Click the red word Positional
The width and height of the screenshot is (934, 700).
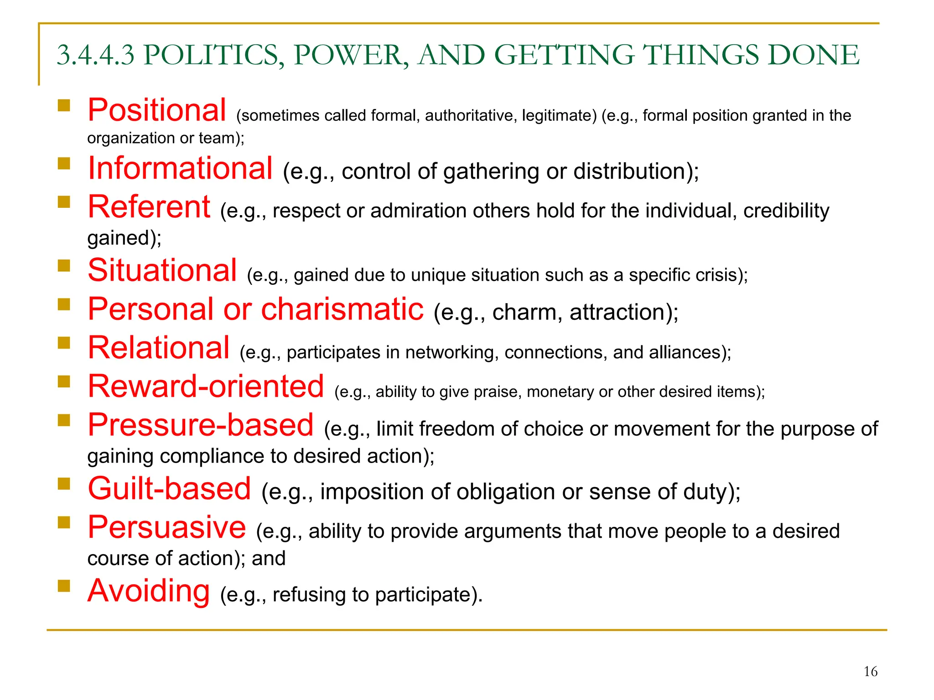[x=157, y=110]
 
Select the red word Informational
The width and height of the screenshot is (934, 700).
[x=180, y=168]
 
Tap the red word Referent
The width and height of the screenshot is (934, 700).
[x=149, y=207]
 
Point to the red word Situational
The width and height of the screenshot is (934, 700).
[x=162, y=270]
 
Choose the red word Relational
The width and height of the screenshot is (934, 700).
[x=159, y=348]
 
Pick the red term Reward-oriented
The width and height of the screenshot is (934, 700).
[x=206, y=386]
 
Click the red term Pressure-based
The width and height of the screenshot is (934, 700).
[x=201, y=425]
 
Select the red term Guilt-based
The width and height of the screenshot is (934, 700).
[x=169, y=489]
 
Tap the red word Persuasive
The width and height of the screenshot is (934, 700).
[x=167, y=527]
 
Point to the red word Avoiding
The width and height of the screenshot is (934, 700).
[x=149, y=591]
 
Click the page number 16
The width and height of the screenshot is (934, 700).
[x=870, y=672]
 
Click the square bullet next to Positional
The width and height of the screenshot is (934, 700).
[x=64, y=106]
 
